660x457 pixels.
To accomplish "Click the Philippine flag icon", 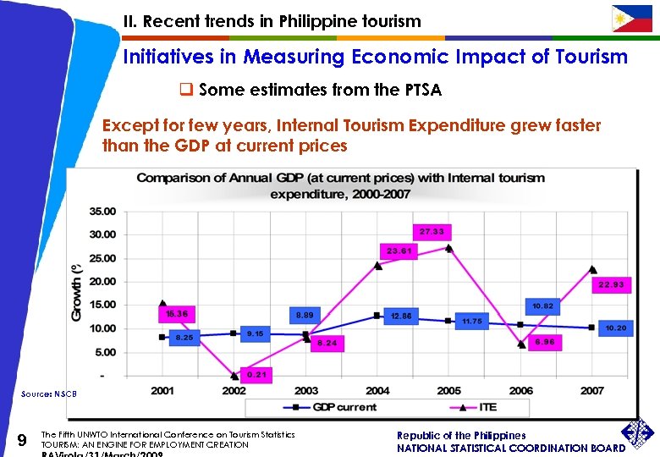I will pos(632,19).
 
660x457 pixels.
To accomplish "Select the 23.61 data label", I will pos(399,251).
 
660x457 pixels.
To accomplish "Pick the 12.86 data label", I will pos(400,316).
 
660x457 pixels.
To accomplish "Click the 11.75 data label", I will pos(471,322).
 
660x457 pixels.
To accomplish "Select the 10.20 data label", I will pos(615,328).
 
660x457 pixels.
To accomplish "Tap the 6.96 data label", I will pos(544,342).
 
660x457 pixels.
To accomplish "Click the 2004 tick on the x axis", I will pos(377,391).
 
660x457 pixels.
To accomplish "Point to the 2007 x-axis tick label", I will pos(591,391).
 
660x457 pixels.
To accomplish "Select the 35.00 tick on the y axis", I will pos(102,211).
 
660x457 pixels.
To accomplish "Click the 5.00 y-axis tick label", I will pos(106,352).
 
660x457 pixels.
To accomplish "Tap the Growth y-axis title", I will pos(77,290).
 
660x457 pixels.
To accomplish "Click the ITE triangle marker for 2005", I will pos(448,248).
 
